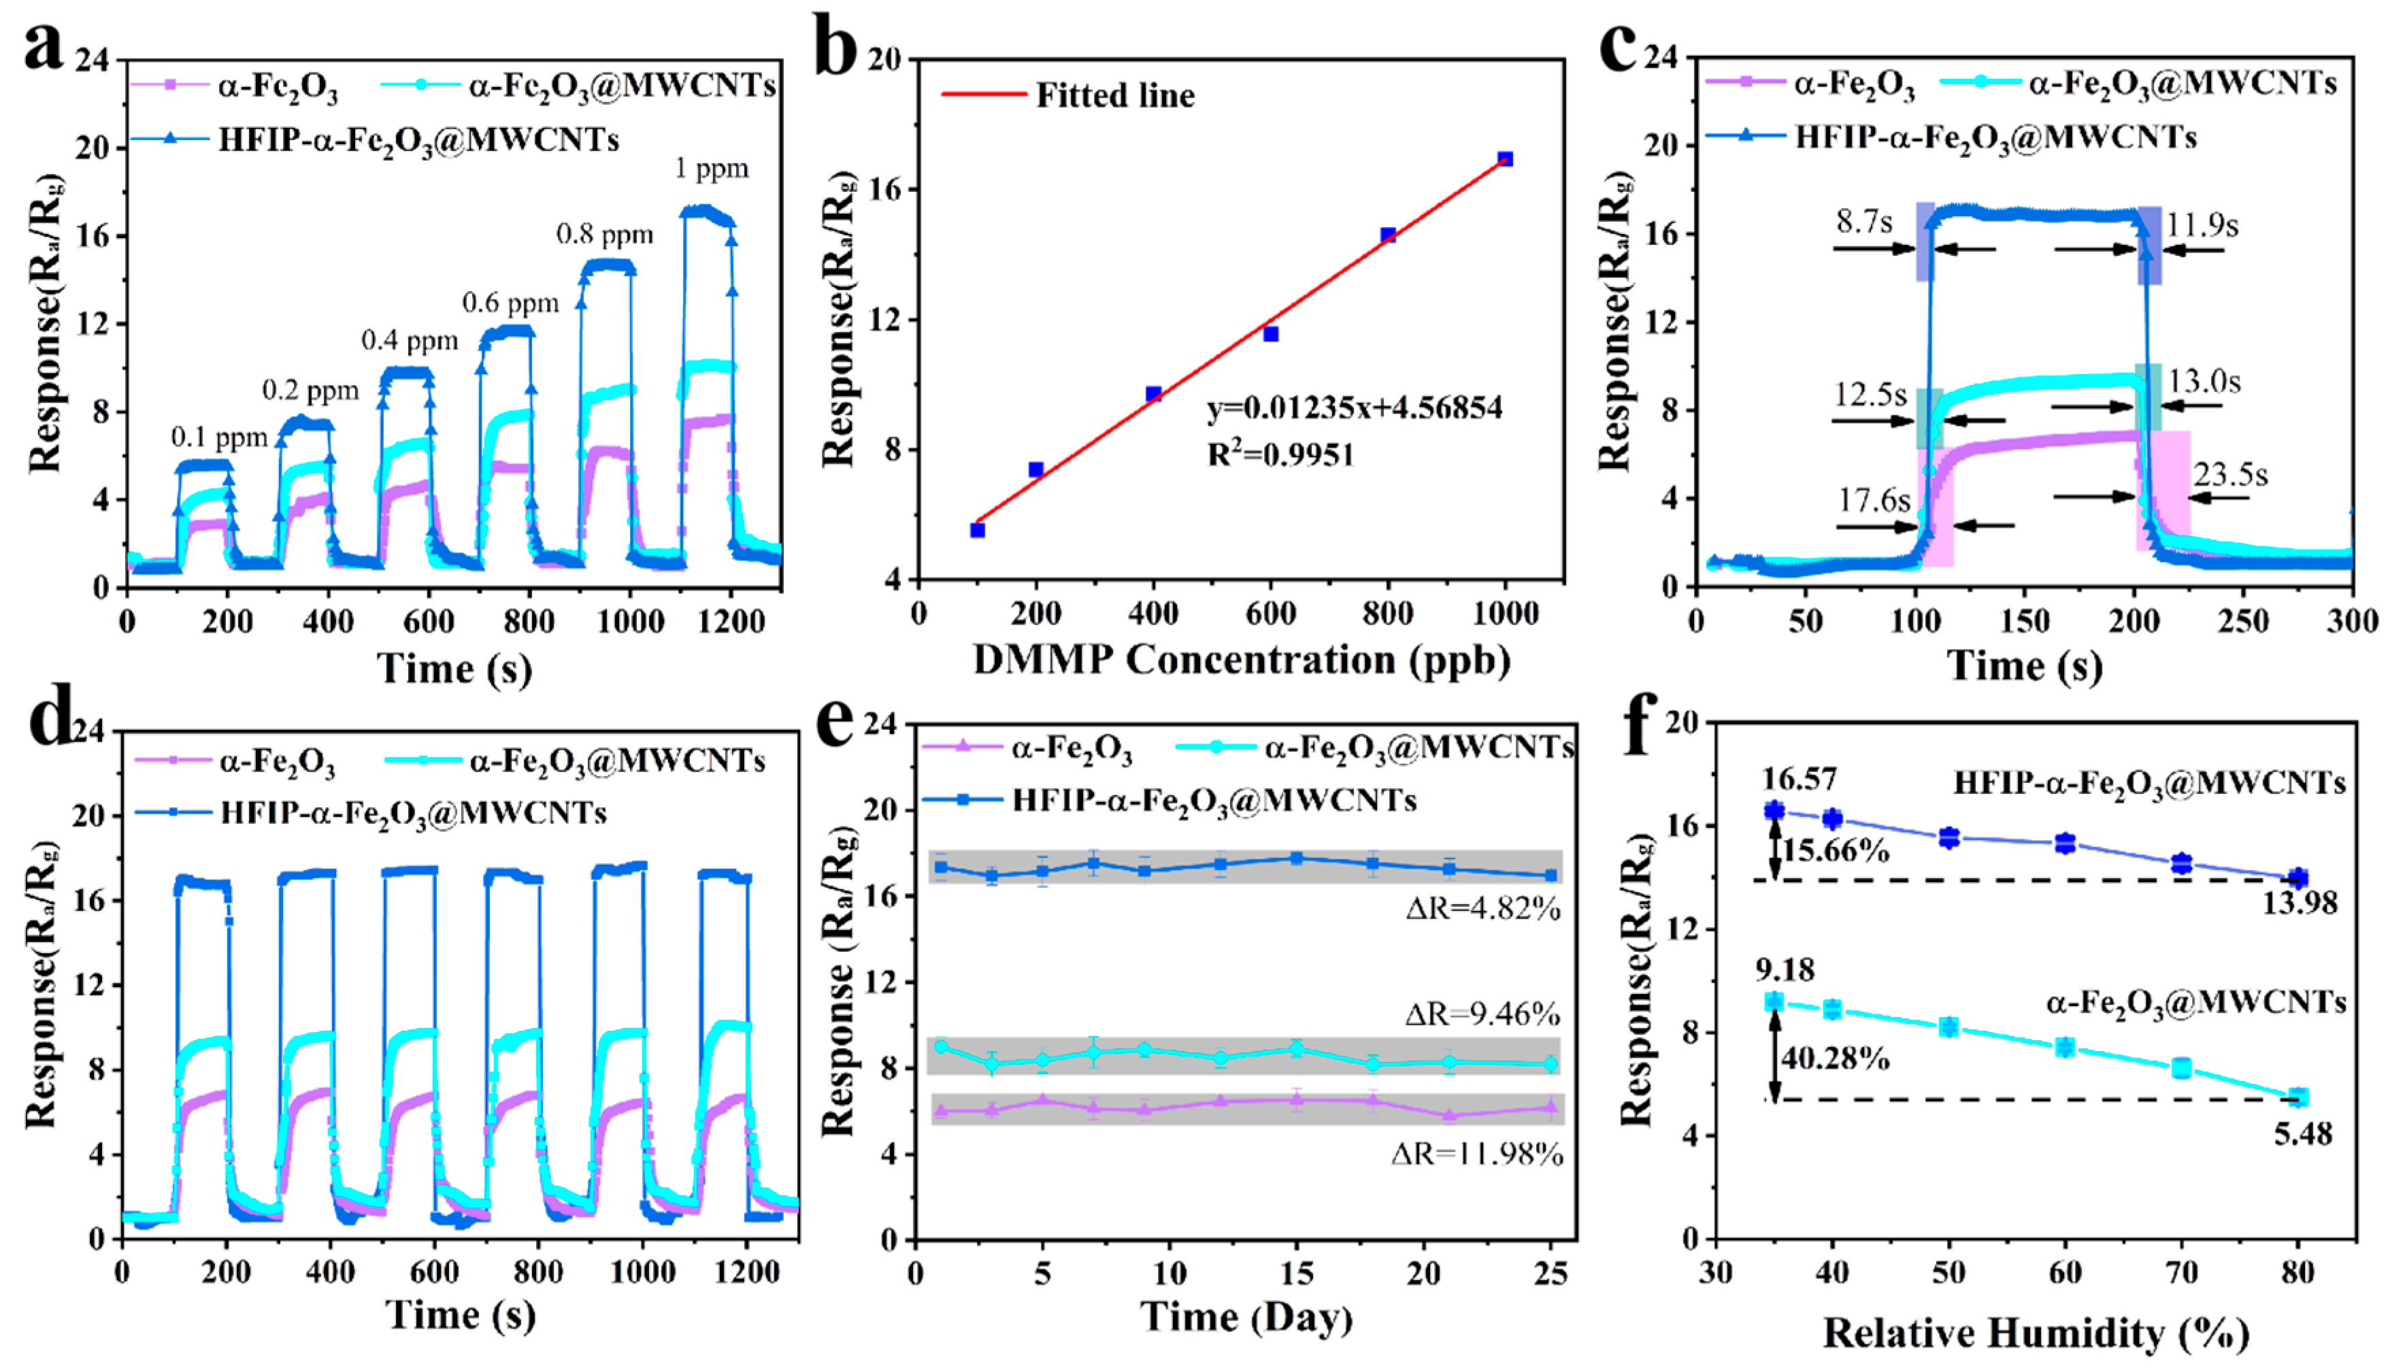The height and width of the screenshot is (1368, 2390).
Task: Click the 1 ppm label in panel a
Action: pyautogui.click(x=711, y=169)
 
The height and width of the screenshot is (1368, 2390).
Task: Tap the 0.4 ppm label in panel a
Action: pyautogui.click(x=410, y=340)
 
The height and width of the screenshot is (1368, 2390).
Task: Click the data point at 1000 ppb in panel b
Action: pyautogui.click(x=1505, y=159)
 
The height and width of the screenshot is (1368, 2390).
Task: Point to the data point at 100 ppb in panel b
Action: pyautogui.click(x=977, y=530)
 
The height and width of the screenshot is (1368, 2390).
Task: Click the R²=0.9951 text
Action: pyautogui.click(x=1280, y=454)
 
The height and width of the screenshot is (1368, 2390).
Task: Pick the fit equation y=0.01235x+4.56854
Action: pyautogui.click(x=1354, y=407)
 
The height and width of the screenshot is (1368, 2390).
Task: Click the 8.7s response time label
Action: pyautogui.click(x=1864, y=222)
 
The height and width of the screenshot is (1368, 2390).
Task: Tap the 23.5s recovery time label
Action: pyautogui.click(x=2230, y=474)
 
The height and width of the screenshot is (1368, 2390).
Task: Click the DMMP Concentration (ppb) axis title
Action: pyautogui.click(x=1241, y=661)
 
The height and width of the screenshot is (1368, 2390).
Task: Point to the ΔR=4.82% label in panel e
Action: pyautogui.click(x=1482, y=909)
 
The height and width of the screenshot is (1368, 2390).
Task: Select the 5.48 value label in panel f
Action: pyautogui.click(x=2302, y=1134)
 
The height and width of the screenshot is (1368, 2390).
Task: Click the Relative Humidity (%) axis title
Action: pyautogui.click(x=2035, y=1333)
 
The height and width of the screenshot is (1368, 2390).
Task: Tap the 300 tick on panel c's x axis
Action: pyautogui.click(x=2351, y=621)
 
